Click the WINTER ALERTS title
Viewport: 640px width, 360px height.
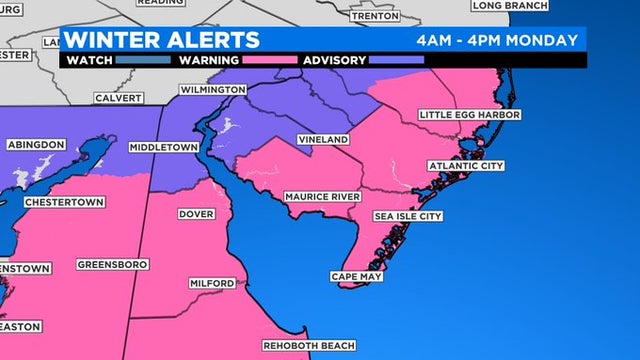pyautogui.click(x=163, y=40)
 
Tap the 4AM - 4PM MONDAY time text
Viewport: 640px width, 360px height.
pyautogui.click(x=497, y=40)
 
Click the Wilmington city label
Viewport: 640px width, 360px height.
pyautogui.click(x=212, y=90)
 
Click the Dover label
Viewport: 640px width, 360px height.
pyautogui.click(x=196, y=214)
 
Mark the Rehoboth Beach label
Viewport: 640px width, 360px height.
pyautogui.click(x=309, y=346)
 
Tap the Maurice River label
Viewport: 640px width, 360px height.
pyautogui.click(x=322, y=197)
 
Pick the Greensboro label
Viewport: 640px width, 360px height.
pyautogui.click(x=112, y=265)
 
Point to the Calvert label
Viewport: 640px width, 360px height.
pyautogui.click(x=119, y=98)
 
